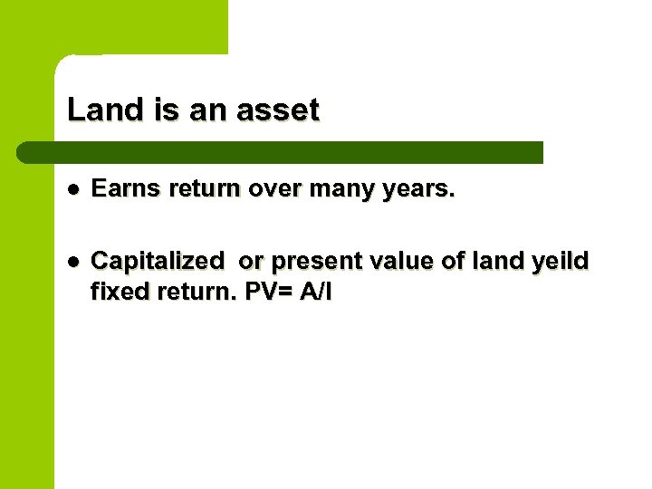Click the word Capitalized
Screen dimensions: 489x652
[x=158, y=262]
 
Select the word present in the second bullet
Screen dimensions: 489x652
[x=312, y=262]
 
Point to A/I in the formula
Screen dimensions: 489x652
[x=316, y=293]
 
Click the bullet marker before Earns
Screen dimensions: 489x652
[x=72, y=191]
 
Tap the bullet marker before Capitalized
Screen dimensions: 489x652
[x=72, y=262]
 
